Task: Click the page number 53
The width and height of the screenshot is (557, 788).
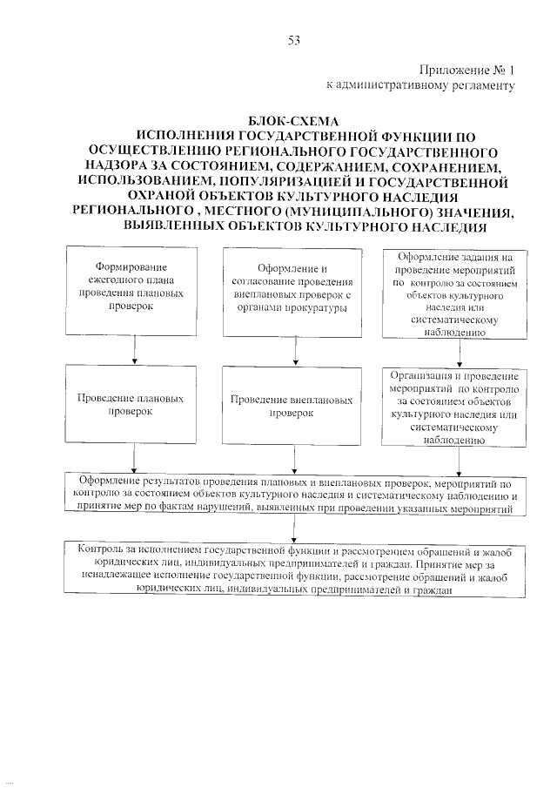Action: point(293,40)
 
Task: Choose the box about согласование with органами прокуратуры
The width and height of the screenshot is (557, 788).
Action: point(296,292)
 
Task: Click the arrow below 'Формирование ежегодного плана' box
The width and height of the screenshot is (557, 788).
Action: point(134,349)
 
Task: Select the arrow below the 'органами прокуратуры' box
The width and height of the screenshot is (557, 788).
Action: point(296,349)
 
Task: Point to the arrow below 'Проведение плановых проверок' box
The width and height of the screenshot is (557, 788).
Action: point(134,460)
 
